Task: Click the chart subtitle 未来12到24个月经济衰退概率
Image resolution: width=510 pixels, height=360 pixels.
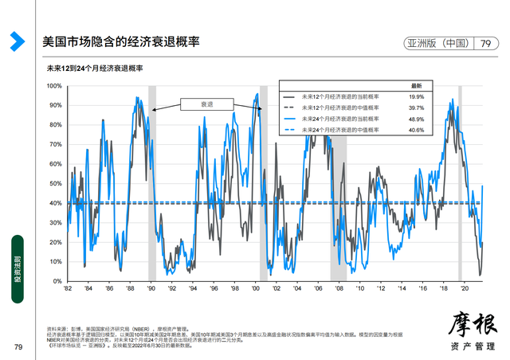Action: [x=95, y=69]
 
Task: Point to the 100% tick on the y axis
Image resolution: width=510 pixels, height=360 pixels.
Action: [x=53, y=85]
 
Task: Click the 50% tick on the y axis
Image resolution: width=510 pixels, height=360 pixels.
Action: [x=55, y=183]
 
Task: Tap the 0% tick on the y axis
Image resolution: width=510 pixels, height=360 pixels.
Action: [x=57, y=281]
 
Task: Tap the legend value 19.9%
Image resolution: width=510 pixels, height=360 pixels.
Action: [x=415, y=96]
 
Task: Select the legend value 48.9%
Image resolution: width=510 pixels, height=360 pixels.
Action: [x=415, y=118]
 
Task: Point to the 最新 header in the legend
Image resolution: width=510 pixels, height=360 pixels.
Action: [x=416, y=84]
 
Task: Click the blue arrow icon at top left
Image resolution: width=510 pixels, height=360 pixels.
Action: [x=16, y=41]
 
